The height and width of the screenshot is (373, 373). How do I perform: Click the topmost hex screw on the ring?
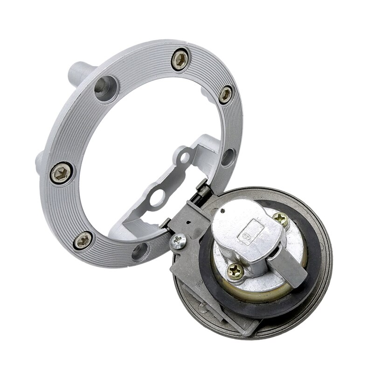tap(180, 60)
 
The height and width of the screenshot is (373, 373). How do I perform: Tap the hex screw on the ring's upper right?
tap(225, 95)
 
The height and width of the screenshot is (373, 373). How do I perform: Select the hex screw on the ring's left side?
tap(61, 173)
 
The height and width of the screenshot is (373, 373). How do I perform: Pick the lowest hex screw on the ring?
tap(83, 240)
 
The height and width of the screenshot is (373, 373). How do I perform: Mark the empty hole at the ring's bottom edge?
tap(139, 252)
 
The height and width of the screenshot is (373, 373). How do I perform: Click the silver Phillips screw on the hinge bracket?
tap(179, 241)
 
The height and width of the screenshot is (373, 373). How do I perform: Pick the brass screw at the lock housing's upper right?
tap(280, 219)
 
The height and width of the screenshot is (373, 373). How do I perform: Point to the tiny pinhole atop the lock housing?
tap(224, 211)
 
